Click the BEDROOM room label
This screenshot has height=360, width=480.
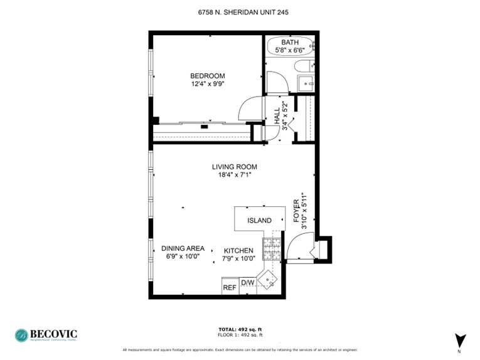click(208, 76)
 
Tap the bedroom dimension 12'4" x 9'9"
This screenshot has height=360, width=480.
click(208, 83)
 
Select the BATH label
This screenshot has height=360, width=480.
click(289, 43)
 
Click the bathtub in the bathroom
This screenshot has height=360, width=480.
click(289, 47)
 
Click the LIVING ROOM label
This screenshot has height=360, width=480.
click(235, 167)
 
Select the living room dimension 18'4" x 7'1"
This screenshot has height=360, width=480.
click(235, 175)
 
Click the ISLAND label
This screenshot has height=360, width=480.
click(259, 221)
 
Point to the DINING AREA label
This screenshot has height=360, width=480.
click(183, 248)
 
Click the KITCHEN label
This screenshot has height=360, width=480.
click(238, 251)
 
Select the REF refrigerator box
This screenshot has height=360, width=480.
click(230, 287)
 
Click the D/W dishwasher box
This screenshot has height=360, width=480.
click(248, 283)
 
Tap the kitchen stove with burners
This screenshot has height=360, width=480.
click(272, 249)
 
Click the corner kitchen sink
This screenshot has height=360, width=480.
click(270, 277)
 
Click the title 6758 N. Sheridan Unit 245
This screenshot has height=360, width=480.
click(240, 12)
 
